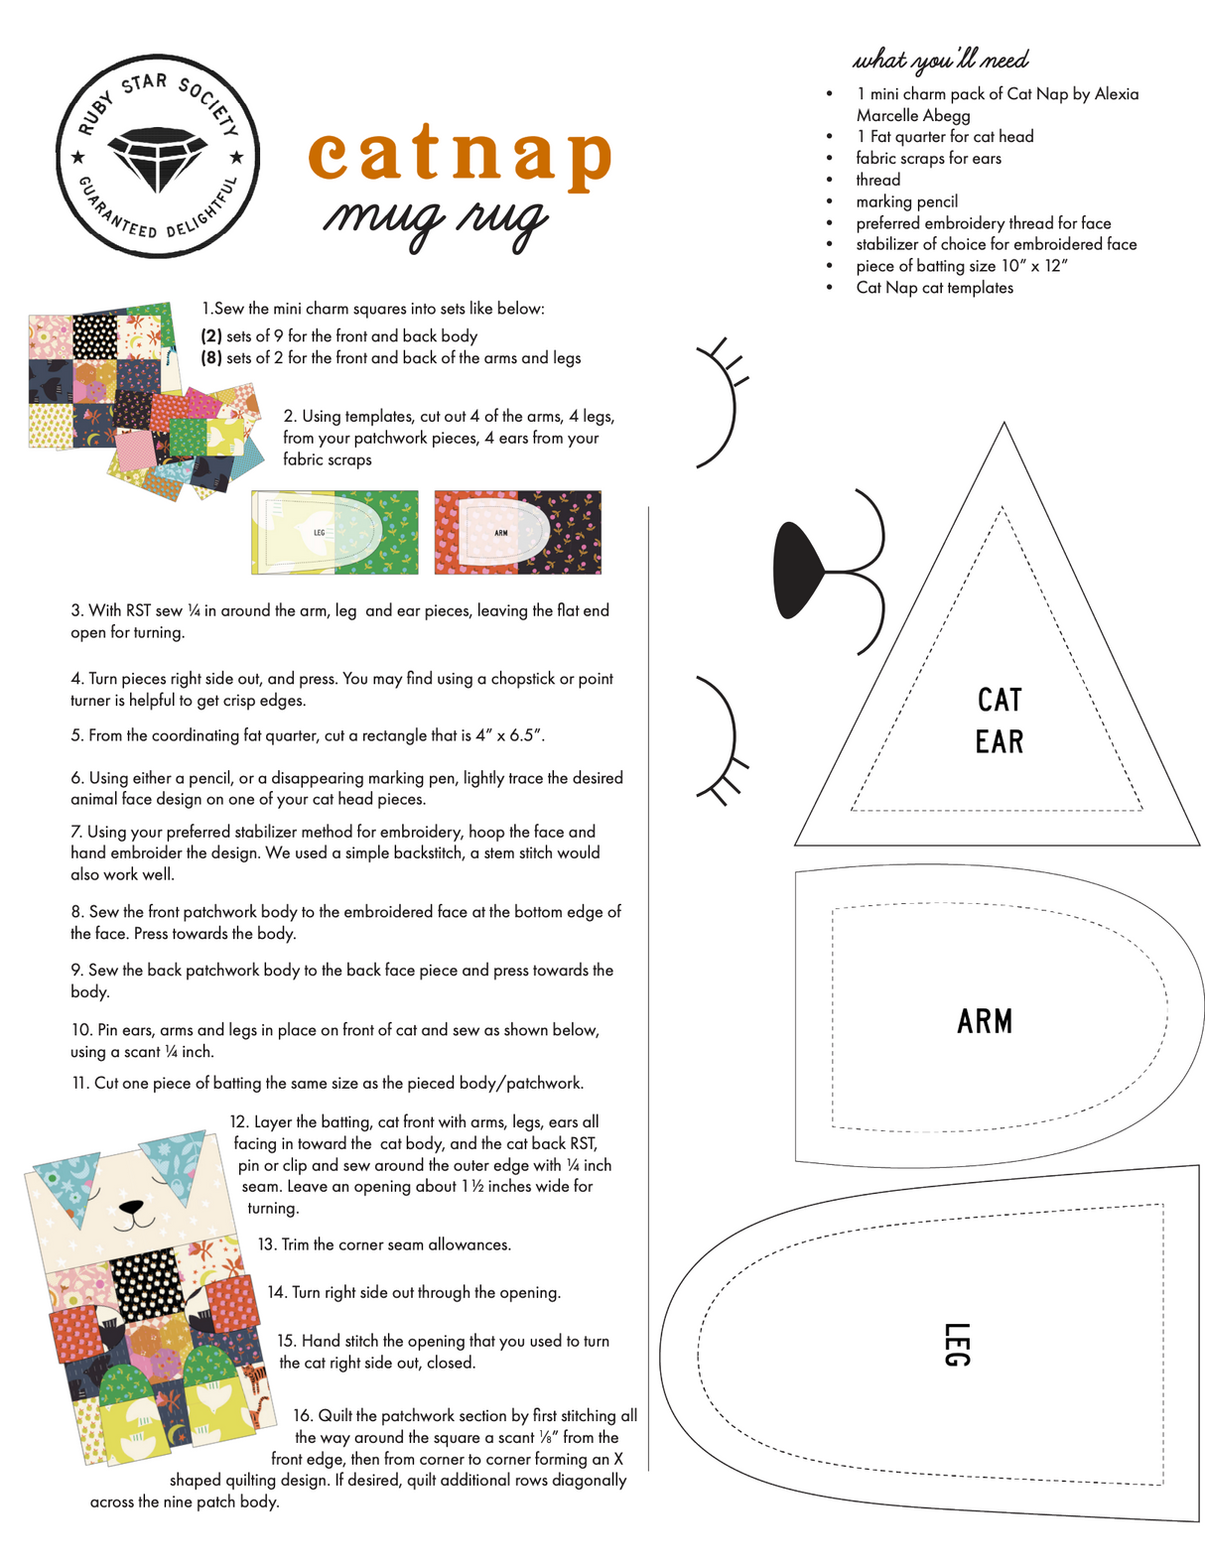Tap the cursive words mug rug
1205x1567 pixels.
tap(436, 218)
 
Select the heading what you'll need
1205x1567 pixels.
tap(941, 60)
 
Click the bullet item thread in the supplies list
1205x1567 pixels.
tap(877, 180)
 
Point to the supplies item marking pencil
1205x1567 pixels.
tap(906, 201)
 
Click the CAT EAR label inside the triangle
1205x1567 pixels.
tap(999, 720)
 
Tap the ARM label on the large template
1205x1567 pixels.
tap(985, 1021)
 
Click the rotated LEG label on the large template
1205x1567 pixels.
tap(955, 1345)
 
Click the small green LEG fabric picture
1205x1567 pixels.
tap(335, 532)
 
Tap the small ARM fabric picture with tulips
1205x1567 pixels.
tap(517, 532)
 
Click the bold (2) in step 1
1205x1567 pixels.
tap(211, 336)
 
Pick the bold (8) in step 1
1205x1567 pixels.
tap(211, 358)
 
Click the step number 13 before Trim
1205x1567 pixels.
tap(266, 1244)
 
